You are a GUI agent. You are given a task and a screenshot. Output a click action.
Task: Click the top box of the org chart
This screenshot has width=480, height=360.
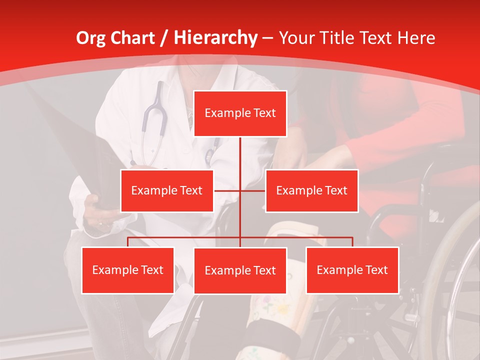[240, 113]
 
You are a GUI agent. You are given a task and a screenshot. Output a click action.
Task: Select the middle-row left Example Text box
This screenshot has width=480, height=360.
[167, 190]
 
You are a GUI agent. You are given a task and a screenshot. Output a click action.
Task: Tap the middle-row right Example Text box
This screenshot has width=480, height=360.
[311, 190]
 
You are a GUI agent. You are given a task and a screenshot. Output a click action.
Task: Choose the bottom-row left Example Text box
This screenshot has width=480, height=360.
[127, 270]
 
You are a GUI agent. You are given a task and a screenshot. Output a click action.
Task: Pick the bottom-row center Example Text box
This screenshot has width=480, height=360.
[240, 270]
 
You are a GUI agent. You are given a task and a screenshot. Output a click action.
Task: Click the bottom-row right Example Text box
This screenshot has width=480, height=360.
[352, 270]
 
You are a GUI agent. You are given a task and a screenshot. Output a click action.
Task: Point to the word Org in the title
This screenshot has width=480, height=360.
[90, 37]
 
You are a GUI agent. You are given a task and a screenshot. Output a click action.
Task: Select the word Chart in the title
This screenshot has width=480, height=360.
[133, 37]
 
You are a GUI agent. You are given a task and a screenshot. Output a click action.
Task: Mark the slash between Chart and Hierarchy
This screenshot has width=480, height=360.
[164, 38]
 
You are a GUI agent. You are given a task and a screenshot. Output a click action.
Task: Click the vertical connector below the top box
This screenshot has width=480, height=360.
[240, 160]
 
